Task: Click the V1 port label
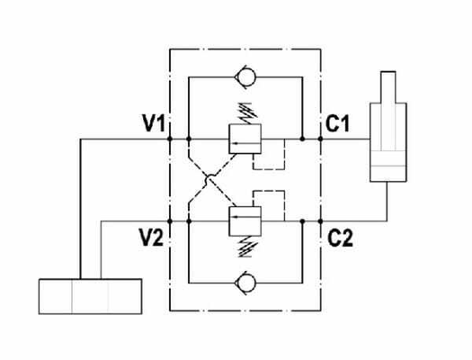point(154,123)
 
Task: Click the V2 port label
point(151,237)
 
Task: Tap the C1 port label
point(337,123)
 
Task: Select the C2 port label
point(340,238)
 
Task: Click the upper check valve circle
point(245,77)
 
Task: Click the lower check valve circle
point(245,283)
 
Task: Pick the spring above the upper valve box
point(247,113)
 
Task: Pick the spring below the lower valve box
point(247,247)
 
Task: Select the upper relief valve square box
point(245,139)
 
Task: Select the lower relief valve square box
point(245,221)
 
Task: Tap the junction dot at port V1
point(170,139)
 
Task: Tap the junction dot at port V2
point(170,221)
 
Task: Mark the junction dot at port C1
point(321,139)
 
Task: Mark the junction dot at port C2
point(321,221)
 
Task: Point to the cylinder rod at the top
point(388,87)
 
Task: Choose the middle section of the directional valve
point(90,296)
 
